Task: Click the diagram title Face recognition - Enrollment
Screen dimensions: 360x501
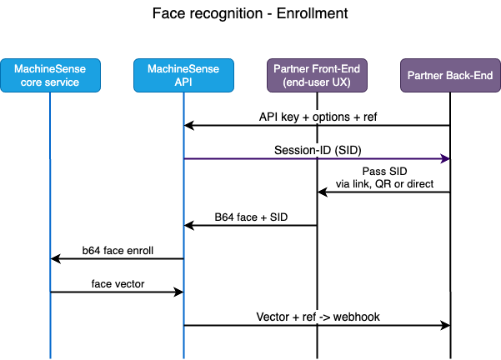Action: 251,14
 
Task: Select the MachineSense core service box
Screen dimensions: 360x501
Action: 50,76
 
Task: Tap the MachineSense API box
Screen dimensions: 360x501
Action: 183,76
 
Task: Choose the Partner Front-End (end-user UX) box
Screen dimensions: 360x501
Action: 317,76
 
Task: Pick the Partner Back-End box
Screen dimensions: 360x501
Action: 450,76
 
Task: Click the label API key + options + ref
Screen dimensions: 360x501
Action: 317,115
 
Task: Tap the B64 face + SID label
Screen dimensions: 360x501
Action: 249,215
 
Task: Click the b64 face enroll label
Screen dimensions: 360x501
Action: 118,248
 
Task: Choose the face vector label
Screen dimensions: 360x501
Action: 117,282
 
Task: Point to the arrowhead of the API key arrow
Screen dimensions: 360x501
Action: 189,125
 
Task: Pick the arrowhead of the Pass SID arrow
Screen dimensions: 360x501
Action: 323,192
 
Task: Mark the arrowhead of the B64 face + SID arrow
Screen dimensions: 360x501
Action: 189,225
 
